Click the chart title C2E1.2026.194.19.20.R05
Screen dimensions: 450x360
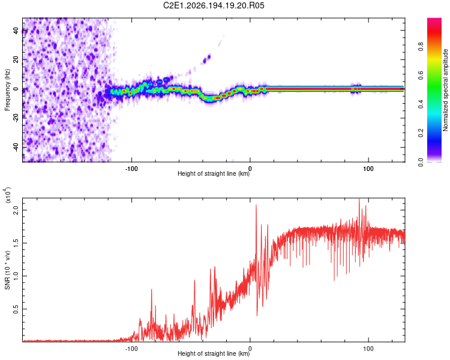pos(214,5)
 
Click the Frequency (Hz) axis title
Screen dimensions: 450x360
pos(7,90)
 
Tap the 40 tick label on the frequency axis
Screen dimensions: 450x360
pos(16,30)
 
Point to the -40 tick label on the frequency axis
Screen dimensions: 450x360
pos(16,147)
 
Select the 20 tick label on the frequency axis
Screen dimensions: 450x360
pos(16,59)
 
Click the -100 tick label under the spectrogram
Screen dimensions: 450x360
pos(131,169)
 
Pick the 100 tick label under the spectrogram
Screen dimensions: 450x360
pos(368,169)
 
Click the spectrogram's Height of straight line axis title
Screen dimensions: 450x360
pos(214,173)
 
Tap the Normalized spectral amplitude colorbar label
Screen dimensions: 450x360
pos(445,90)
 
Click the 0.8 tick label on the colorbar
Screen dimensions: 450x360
pos(421,47)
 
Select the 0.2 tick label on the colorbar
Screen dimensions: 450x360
pos(421,133)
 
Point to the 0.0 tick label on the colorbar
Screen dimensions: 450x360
pos(421,162)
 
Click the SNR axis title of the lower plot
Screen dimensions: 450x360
pos(7,270)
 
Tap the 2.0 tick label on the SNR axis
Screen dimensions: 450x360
pos(16,210)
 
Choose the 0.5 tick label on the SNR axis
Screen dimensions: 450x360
pos(16,309)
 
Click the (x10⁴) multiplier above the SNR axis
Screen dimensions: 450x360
pos(7,195)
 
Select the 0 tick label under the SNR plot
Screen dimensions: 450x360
pos(250,349)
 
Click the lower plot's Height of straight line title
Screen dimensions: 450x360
pos(214,353)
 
